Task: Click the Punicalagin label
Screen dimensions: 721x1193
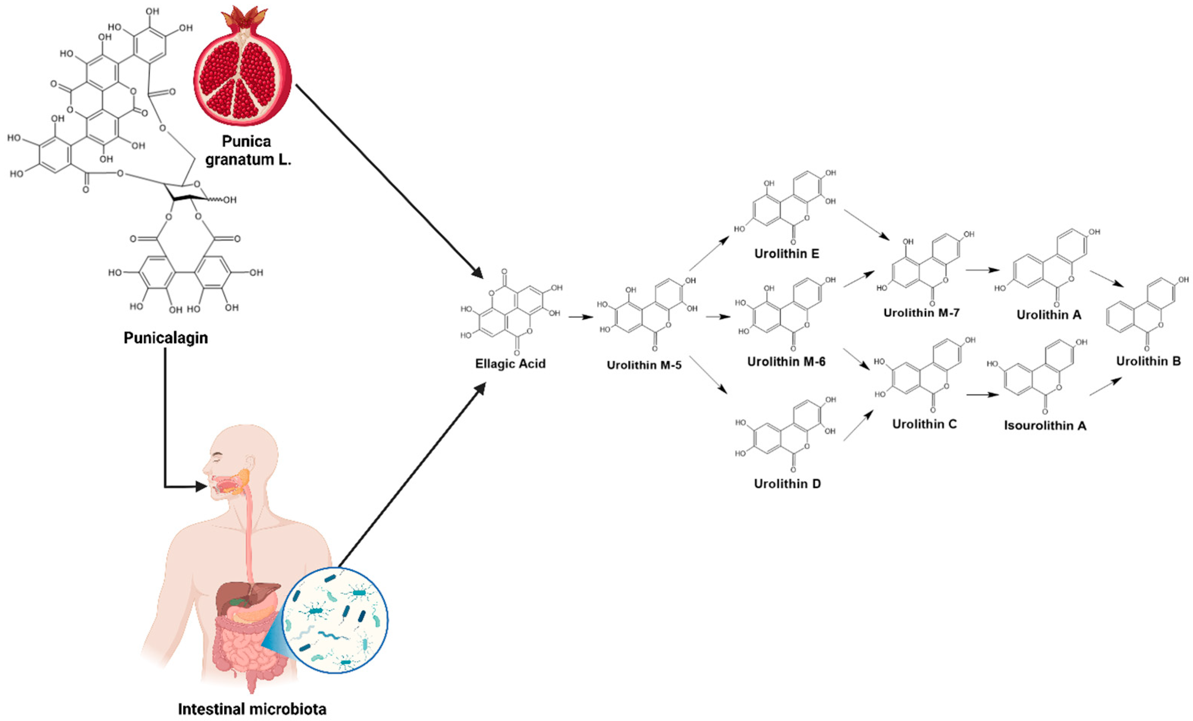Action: click(166, 338)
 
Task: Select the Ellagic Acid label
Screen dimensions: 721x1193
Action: click(510, 363)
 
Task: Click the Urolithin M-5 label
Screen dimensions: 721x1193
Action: click(644, 365)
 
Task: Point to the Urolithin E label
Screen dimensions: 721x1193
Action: click(787, 253)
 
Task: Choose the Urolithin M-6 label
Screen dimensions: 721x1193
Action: click(786, 361)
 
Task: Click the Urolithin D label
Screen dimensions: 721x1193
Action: click(787, 484)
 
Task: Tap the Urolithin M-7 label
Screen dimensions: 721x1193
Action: click(921, 313)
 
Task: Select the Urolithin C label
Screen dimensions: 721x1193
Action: click(924, 424)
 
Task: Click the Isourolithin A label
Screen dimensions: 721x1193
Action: click(1045, 425)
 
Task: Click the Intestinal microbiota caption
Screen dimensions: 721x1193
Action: click(252, 709)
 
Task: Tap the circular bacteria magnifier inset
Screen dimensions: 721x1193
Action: click(335, 620)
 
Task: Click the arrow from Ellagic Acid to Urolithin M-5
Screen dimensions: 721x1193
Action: click(580, 317)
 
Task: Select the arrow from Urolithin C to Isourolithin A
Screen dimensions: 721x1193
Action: click(982, 395)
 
